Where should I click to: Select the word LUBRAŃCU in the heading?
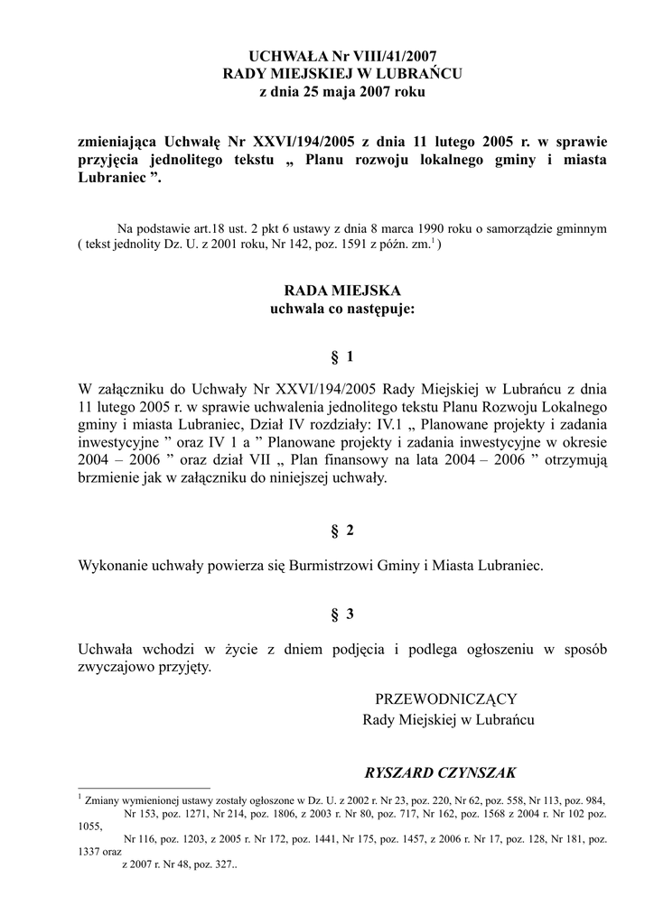point(421,74)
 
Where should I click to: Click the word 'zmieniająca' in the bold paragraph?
point(119,141)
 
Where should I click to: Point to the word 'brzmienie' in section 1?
point(110,479)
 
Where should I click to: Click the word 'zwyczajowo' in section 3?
point(117,668)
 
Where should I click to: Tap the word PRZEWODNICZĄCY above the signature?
point(445,698)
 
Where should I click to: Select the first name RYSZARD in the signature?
point(400,773)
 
